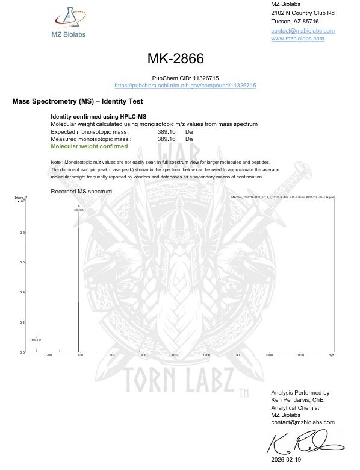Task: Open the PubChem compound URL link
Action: pos(185,86)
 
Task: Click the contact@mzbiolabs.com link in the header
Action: pos(303,30)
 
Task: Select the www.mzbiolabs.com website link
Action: pos(297,39)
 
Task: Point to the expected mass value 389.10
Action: pos(166,131)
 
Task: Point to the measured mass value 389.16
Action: pos(166,139)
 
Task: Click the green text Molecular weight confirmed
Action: pos(89,146)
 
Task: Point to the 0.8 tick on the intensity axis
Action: pos(22,233)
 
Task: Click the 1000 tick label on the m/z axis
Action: pos(175,356)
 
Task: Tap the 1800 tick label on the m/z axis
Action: pos(300,356)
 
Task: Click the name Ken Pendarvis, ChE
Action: pos(298,399)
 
